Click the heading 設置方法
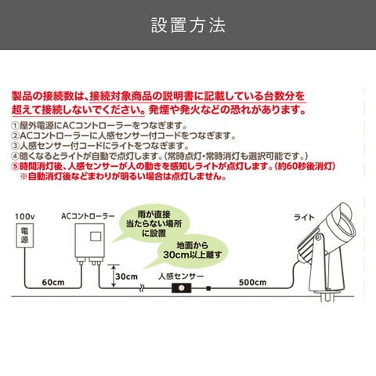pos(188,25)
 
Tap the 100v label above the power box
pos(24,216)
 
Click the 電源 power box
pos(25,235)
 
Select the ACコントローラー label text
pos(88,216)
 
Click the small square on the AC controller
pos(96,237)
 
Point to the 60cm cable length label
pos(53,282)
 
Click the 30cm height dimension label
pos(126,277)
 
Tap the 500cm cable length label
pos(252,282)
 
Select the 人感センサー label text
pos(181,277)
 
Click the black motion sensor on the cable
pos(181,288)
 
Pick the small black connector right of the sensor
pos(208,288)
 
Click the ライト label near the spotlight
pos(304,217)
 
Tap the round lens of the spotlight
pos(345,230)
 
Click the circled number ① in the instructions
pos(16,126)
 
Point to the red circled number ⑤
pos(16,166)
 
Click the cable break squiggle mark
pos(142,288)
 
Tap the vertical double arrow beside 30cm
pos(113,276)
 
